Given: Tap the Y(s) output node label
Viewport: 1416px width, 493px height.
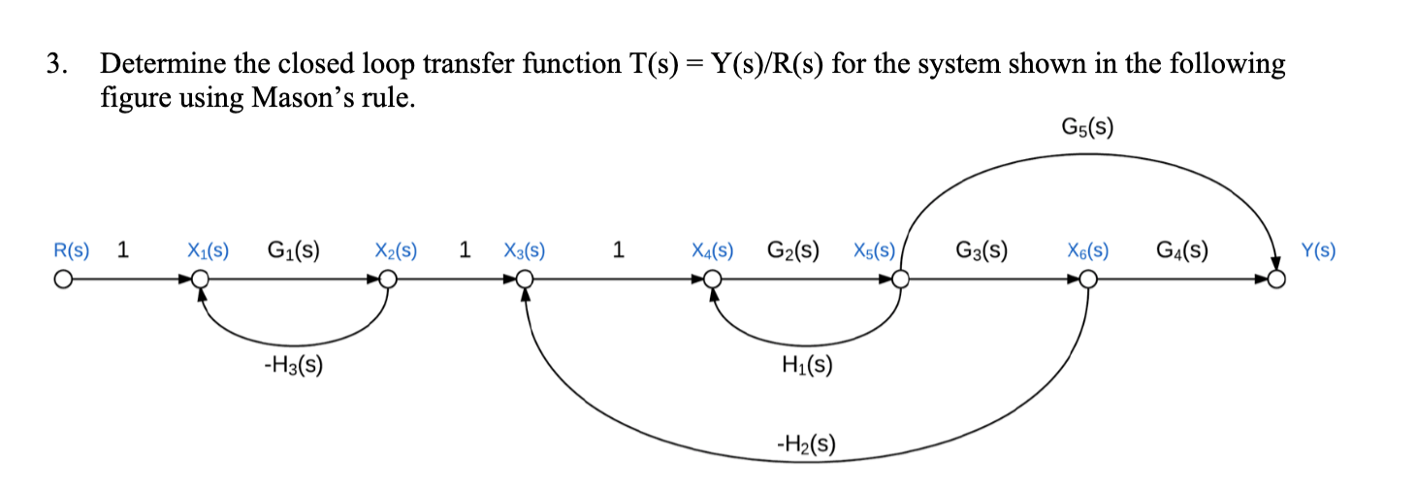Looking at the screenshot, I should (1318, 250).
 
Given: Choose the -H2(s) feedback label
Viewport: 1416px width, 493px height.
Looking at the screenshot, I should (805, 444).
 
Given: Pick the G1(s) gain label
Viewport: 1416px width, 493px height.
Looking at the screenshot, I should (294, 250).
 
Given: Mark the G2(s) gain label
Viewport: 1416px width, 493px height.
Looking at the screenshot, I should (792, 250).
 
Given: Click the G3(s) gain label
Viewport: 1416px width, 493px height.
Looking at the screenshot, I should (981, 250).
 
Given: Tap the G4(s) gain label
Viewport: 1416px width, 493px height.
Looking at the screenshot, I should (1181, 250).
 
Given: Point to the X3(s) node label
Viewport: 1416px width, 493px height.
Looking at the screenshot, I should (524, 250).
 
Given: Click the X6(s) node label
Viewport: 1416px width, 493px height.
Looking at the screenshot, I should (1089, 250).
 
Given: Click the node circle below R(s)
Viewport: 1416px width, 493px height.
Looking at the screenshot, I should (63, 280).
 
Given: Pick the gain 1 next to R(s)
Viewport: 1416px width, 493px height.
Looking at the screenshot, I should (122, 250).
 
